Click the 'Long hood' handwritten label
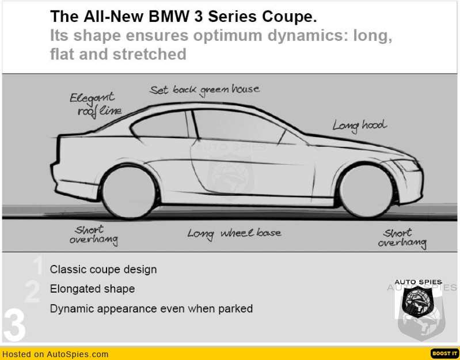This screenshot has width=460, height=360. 359,125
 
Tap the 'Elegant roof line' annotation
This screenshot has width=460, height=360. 95,104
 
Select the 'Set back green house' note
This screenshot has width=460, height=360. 204,90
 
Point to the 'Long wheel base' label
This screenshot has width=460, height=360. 234,233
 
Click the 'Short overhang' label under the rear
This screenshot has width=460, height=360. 94,234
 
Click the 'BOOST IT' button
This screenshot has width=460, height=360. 444,353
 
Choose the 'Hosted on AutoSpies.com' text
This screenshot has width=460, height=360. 55,354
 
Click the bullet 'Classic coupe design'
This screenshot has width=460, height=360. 103,269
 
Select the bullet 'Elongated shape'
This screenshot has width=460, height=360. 92,289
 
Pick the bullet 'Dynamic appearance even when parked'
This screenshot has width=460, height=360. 151,309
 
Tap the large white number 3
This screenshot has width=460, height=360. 14,325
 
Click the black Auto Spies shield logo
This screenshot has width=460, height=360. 418,302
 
